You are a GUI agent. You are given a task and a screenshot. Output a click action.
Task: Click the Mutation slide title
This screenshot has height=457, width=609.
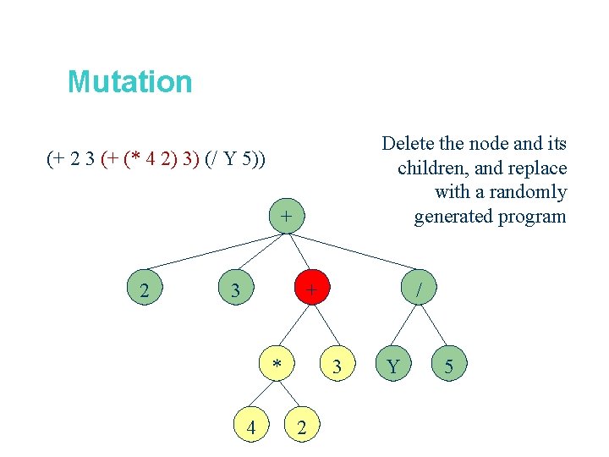coord(129,82)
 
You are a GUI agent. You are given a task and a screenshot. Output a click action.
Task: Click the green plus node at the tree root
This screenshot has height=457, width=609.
coord(287,217)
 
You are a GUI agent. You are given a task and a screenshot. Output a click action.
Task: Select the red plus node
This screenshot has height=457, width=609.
coord(312,290)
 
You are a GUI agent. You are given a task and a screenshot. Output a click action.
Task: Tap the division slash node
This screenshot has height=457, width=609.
coord(419,290)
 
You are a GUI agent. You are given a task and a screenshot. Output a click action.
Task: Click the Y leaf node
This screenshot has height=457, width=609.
coord(392,366)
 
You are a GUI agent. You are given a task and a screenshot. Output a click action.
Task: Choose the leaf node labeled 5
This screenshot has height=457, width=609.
coord(449,366)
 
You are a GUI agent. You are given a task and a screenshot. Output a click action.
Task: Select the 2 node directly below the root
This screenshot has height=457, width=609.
coord(145,292)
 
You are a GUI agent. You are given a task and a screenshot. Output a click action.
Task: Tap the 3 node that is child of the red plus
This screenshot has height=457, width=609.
coord(337,366)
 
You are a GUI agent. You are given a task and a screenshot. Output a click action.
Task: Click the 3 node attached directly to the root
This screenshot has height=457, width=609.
coord(237,292)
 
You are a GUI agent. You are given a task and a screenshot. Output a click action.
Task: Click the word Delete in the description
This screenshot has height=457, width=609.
coord(409,144)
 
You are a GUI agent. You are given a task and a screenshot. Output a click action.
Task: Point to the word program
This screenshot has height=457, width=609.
coord(532,217)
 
